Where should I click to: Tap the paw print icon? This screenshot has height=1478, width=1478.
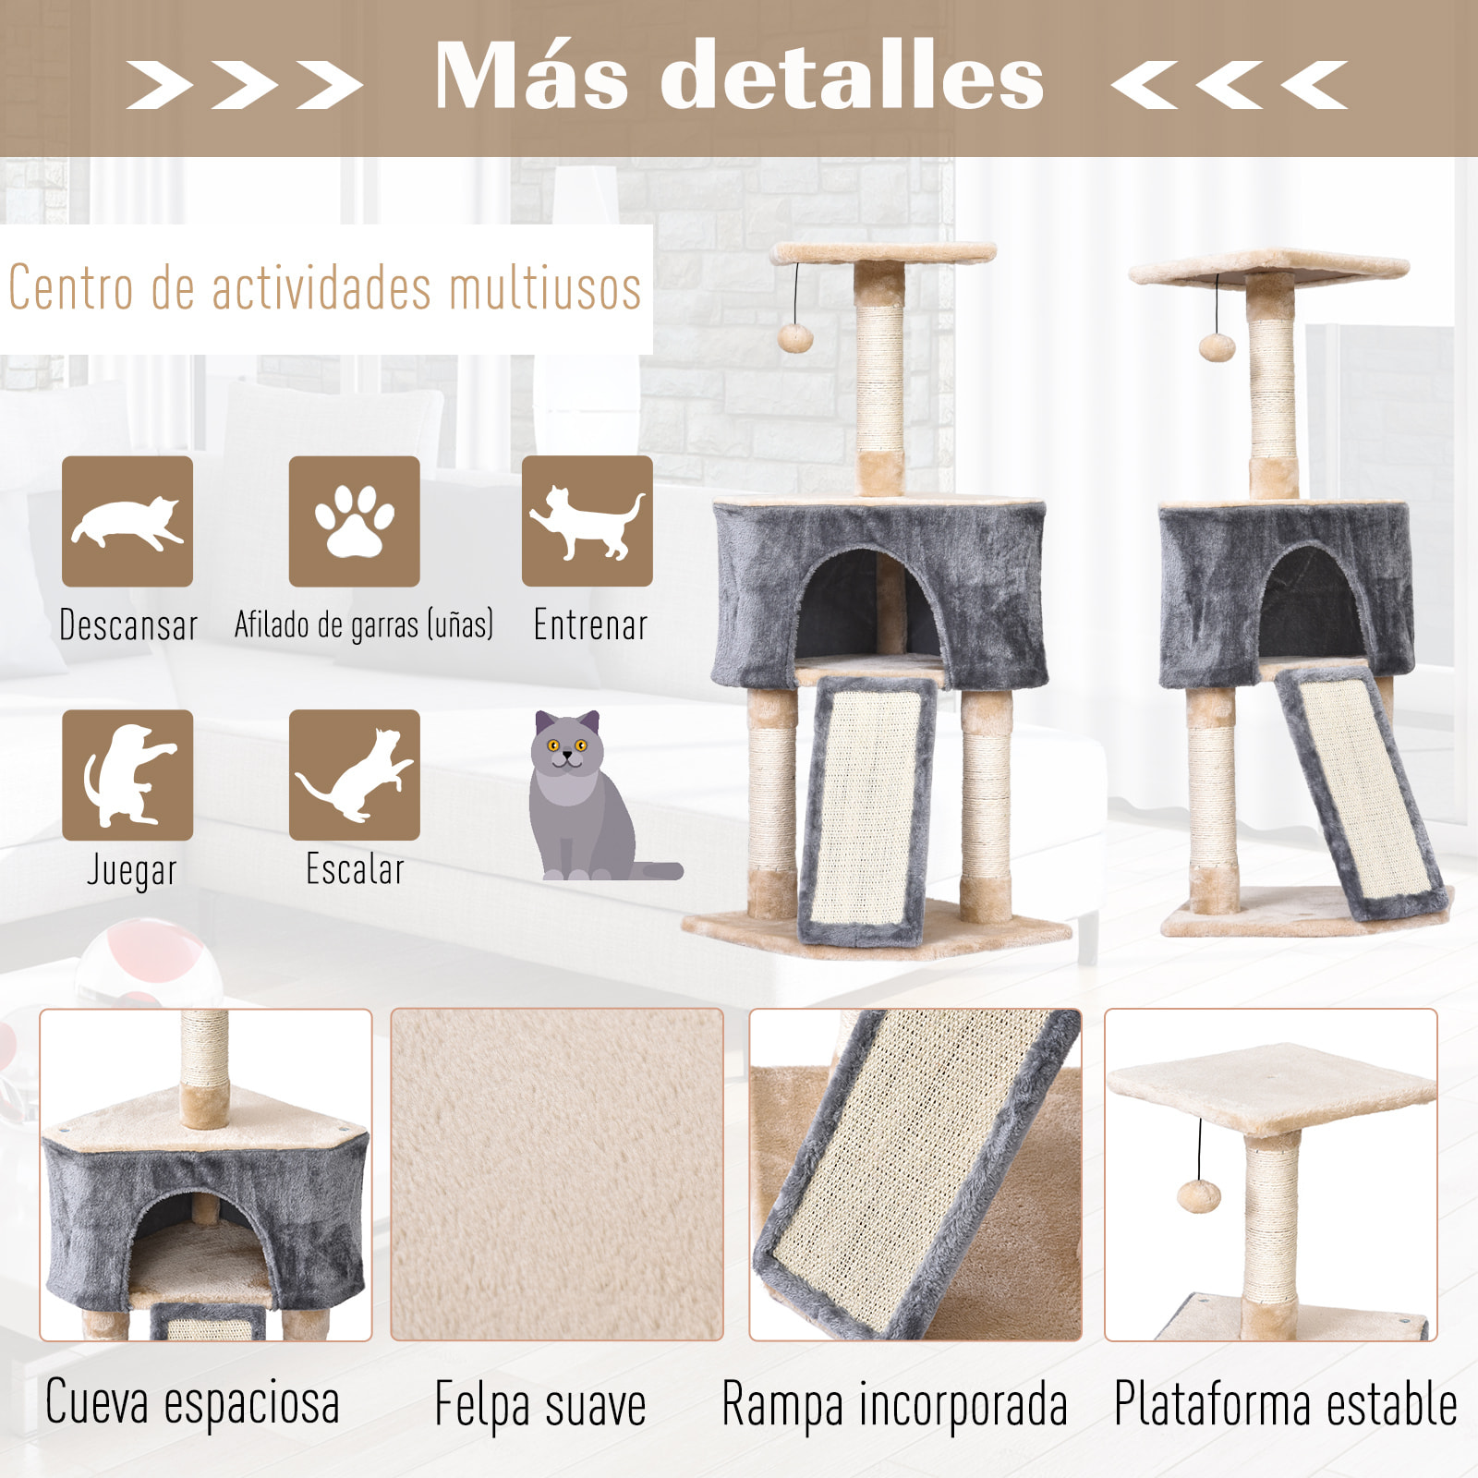point(354,521)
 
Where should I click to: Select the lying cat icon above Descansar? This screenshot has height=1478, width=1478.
point(127,521)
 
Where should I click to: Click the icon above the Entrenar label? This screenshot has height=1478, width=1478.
point(588,521)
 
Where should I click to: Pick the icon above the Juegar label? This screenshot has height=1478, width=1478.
point(127,775)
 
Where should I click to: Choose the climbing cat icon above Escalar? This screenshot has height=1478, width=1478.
point(354,775)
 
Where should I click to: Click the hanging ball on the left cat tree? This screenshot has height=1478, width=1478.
point(794,336)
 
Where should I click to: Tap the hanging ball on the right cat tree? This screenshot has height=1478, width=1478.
point(1217,346)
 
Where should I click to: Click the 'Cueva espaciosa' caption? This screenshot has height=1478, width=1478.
point(193,1402)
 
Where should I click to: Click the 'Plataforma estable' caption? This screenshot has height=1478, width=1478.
point(1285,1404)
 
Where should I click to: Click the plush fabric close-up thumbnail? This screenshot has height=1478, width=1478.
point(556,1174)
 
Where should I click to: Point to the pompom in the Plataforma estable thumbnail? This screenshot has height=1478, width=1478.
point(1199,1196)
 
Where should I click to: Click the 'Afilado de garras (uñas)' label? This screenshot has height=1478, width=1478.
point(363,625)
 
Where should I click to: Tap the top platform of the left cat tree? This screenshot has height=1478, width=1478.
point(883,252)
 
